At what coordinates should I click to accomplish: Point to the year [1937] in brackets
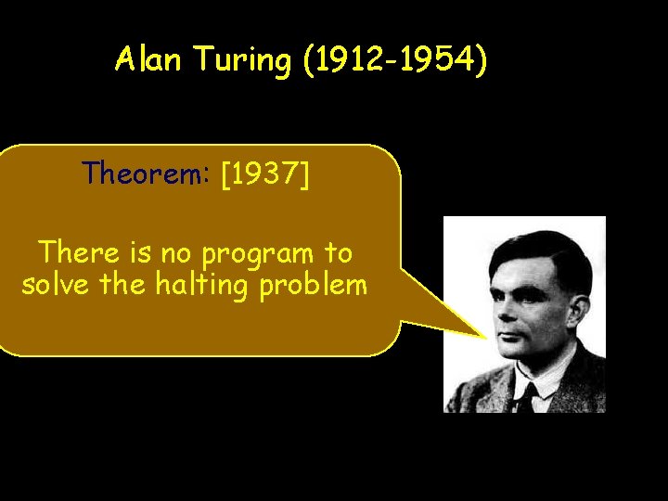point(265,173)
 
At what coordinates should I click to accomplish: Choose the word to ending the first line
point(339,252)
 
